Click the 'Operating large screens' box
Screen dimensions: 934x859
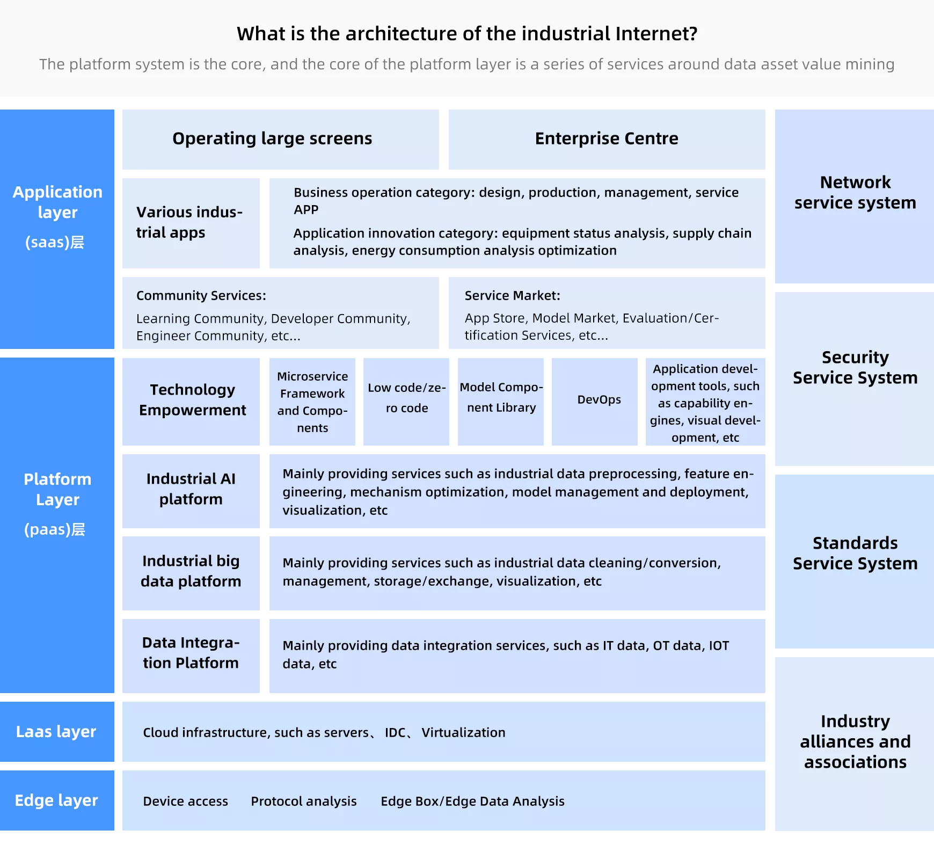[x=281, y=140]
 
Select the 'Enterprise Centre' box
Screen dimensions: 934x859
[x=607, y=140]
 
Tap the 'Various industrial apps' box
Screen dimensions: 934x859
[x=191, y=223]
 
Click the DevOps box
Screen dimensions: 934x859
[x=595, y=402]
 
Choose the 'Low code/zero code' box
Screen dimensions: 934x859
[x=406, y=402]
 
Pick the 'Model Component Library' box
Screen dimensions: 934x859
[x=501, y=402]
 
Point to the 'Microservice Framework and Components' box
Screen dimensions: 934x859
[x=312, y=402]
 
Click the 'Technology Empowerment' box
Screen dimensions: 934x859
[x=191, y=402]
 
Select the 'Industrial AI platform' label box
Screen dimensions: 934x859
[x=191, y=491]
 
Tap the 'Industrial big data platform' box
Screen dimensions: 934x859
[x=191, y=573]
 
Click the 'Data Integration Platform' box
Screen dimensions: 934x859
[x=191, y=656]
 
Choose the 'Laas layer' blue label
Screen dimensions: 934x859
[x=57, y=732]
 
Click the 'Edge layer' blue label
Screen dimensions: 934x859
[x=57, y=800]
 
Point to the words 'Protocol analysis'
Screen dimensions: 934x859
[x=304, y=802]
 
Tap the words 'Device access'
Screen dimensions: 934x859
[x=186, y=802]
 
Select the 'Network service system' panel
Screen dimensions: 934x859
[x=855, y=196]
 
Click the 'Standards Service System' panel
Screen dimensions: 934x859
[x=855, y=562]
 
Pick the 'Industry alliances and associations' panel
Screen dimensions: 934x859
[x=855, y=744]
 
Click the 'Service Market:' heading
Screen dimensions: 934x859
[x=513, y=296]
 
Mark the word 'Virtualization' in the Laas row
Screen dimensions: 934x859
[x=464, y=733]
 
